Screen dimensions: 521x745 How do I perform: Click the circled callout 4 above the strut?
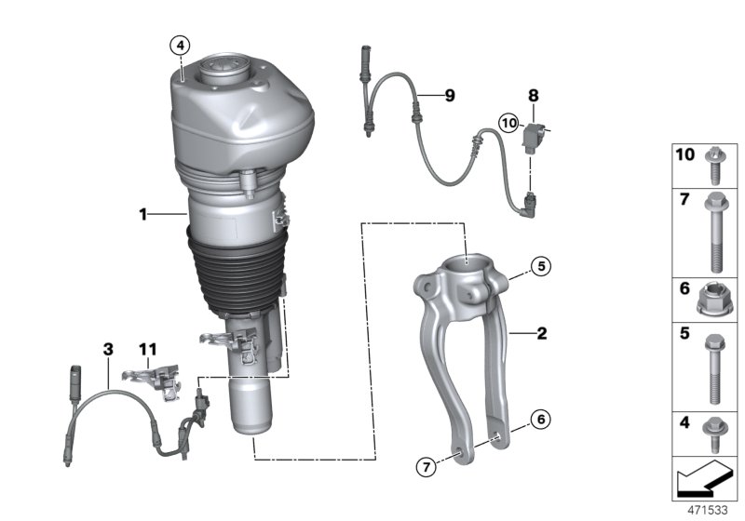pyautogui.click(x=180, y=44)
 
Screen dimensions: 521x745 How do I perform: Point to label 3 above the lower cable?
pyautogui.click(x=108, y=349)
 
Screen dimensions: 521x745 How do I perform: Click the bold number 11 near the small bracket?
pyautogui.click(x=149, y=349)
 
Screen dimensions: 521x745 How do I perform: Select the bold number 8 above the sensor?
pyautogui.click(x=533, y=95)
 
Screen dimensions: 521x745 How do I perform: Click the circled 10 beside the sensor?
pyautogui.click(x=508, y=123)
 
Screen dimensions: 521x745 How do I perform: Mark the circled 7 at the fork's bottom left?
pyautogui.click(x=424, y=466)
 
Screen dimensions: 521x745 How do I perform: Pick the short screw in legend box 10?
pyautogui.click(x=711, y=164)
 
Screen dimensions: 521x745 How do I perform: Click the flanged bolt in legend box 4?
pyautogui.click(x=711, y=433)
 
